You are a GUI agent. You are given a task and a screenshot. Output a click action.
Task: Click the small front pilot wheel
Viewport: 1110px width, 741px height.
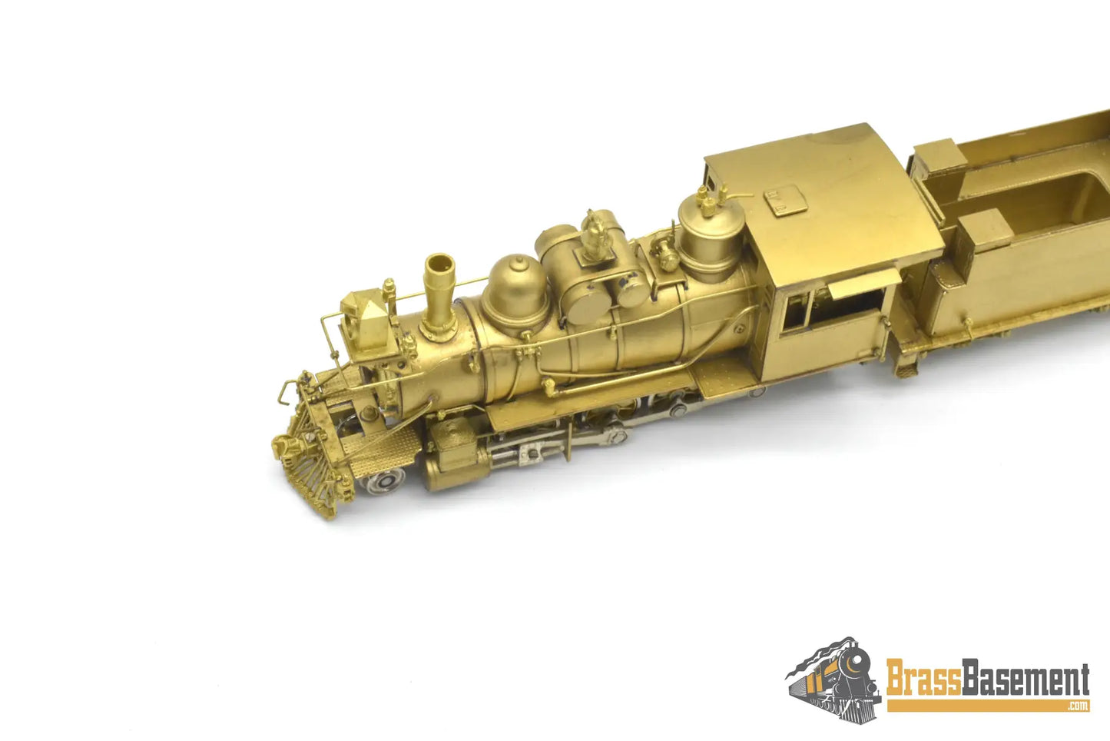tap(386, 480)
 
